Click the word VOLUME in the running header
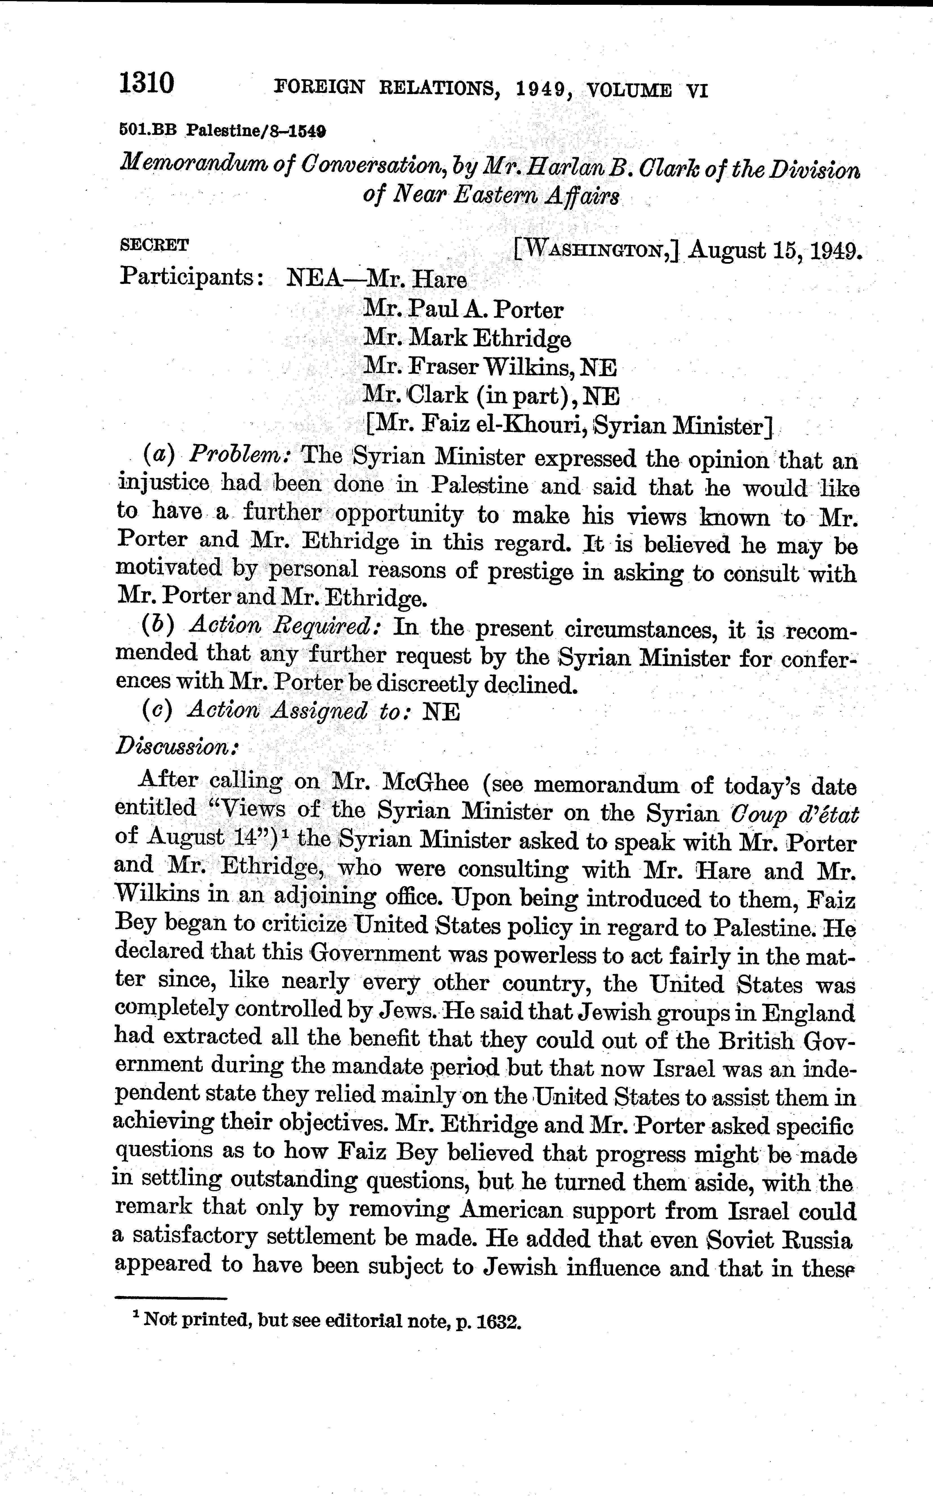coord(629,91)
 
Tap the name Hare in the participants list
coord(439,280)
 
